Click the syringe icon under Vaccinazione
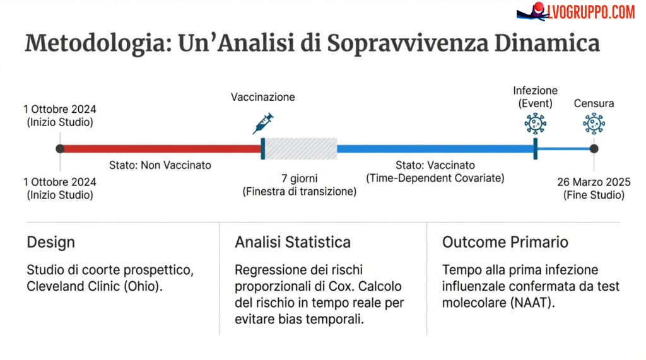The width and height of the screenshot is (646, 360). click(263, 123)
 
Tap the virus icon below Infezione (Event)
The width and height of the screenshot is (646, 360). click(535, 123)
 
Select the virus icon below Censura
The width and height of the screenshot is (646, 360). click(594, 123)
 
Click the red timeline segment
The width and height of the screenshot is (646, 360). click(161, 149)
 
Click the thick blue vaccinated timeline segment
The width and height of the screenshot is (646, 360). click(435, 149)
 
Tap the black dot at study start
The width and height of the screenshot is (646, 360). click(60, 149)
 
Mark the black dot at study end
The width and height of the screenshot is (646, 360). click(594, 149)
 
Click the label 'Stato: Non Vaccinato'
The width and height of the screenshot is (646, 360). click(160, 165)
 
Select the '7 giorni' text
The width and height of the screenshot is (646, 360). click(300, 178)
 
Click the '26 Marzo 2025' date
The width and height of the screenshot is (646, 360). click(594, 182)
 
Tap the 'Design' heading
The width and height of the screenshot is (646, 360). click(50, 242)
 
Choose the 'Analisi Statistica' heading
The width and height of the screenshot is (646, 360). click(293, 242)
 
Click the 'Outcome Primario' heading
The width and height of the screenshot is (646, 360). click(505, 242)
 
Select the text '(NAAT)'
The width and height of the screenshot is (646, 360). click(532, 303)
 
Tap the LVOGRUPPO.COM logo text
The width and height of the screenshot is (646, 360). click(590, 11)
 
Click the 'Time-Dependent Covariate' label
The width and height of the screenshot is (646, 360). click(435, 178)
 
